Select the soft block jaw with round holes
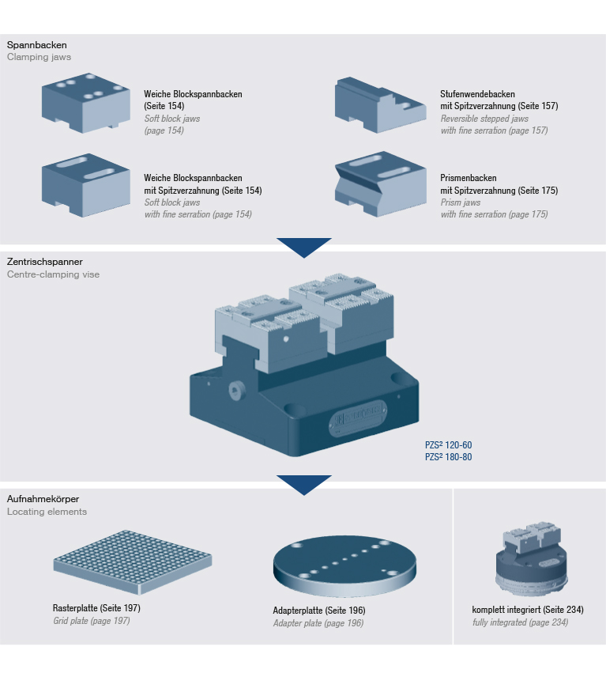(85, 103)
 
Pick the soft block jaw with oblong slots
(85, 184)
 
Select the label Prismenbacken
(468, 179)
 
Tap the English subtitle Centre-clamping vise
(53, 274)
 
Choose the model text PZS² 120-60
(448, 445)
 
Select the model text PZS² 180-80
(448, 457)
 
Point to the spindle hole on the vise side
(235, 391)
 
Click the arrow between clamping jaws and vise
(303, 247)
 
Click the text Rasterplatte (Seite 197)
(96, 608)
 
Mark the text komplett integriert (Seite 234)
(527, 610)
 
